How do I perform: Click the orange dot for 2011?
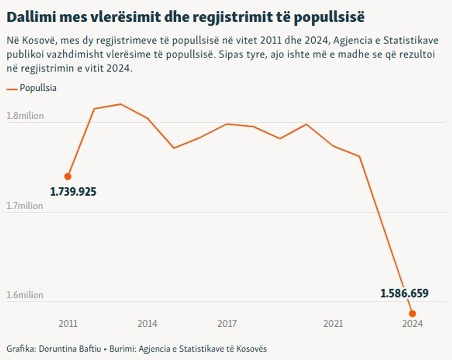[68, 176]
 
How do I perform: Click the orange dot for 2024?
[412, 313]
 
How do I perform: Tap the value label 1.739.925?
[73, 192]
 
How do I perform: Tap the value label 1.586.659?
[404, 293]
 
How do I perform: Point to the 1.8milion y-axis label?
[25, 115]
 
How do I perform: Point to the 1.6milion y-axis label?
[25, 295]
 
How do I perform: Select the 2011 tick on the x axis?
[68, 324]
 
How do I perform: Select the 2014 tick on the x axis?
[147, 324]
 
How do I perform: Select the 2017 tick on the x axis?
[227, 324]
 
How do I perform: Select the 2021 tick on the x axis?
[333, 324]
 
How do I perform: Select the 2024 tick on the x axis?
[412, 324]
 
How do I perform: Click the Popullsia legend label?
[38, 88]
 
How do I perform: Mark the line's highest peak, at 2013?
[121, 104]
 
